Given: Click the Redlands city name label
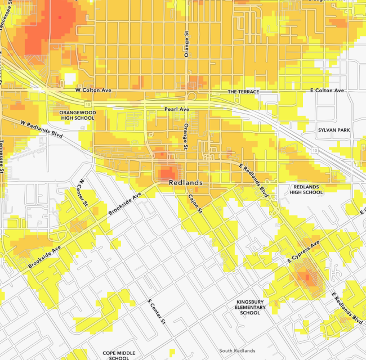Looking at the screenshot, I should (186, 183).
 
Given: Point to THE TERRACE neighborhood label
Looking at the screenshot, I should (243, 92).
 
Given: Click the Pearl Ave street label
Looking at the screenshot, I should (175, 109).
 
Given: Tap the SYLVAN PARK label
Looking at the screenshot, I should (333, 130).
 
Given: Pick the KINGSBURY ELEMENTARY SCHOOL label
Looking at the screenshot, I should (250, 308).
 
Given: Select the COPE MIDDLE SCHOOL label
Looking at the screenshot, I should (119, 355).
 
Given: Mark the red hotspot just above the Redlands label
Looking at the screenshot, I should (167, 172).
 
